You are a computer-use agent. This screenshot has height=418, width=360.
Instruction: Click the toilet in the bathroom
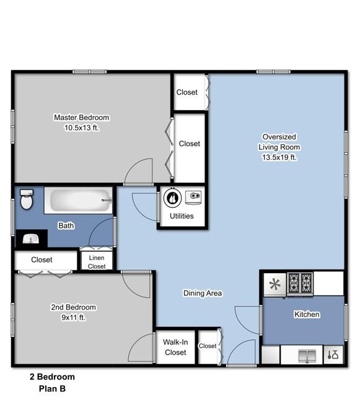point(27,199)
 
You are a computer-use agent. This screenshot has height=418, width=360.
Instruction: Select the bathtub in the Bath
point(79,200)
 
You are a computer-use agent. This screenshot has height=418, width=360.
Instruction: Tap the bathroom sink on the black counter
point(31,238)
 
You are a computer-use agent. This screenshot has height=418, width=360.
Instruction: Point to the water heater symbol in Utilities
point(172,198)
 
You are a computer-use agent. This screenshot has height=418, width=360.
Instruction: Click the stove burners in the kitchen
point(300,283)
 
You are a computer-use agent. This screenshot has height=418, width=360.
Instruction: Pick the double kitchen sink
point(307,356)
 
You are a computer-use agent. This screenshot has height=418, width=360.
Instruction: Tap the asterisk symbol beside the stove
point(274,284)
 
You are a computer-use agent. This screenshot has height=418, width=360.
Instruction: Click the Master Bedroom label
point(82,117)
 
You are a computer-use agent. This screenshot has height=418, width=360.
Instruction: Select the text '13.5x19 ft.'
point(279,157)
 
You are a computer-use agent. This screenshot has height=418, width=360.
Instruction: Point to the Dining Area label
point(203,294)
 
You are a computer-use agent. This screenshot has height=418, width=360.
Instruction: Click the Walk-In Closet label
point(175,347)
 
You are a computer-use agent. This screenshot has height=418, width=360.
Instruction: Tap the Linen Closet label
point(97,262)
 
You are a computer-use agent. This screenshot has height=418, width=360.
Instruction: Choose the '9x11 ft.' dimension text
point(73,318)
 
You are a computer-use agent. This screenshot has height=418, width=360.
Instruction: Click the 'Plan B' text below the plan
point(52,388)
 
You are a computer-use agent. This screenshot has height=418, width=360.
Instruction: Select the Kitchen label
point(307,315)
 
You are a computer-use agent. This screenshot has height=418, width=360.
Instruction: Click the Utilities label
point(182,216)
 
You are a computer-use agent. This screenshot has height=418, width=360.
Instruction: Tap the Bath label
point(66,225)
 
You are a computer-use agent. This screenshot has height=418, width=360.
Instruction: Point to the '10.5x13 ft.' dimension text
point(82,128)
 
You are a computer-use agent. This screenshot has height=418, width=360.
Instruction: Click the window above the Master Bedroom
point(90,71)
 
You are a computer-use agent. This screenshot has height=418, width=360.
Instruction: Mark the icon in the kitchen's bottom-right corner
point(333,355)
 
